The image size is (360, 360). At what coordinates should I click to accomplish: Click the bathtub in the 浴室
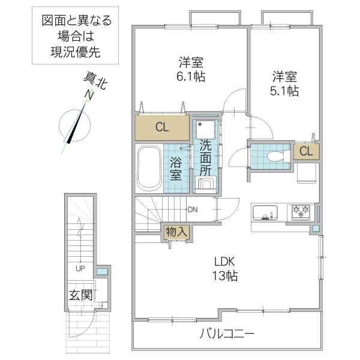tap(148, 168)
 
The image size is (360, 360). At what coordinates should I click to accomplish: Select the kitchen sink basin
tap(265, 213)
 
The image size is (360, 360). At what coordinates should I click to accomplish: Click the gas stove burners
tap(301, 211)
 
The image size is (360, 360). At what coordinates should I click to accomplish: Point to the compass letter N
tap(89, 95)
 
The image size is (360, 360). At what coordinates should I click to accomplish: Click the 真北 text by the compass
tap(95, 81)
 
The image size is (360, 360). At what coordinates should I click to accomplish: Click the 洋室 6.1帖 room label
tap(189, 69)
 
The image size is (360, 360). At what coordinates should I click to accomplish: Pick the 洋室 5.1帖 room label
tap(284, 83)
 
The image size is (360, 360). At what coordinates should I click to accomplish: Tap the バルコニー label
tap(227, 334)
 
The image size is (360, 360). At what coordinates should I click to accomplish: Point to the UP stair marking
tap(79, 268)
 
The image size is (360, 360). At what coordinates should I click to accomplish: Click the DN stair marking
tap(193, 209)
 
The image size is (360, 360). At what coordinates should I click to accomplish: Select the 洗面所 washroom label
tap(206, 157)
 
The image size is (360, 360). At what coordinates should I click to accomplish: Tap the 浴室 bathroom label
tap(176, 167)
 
